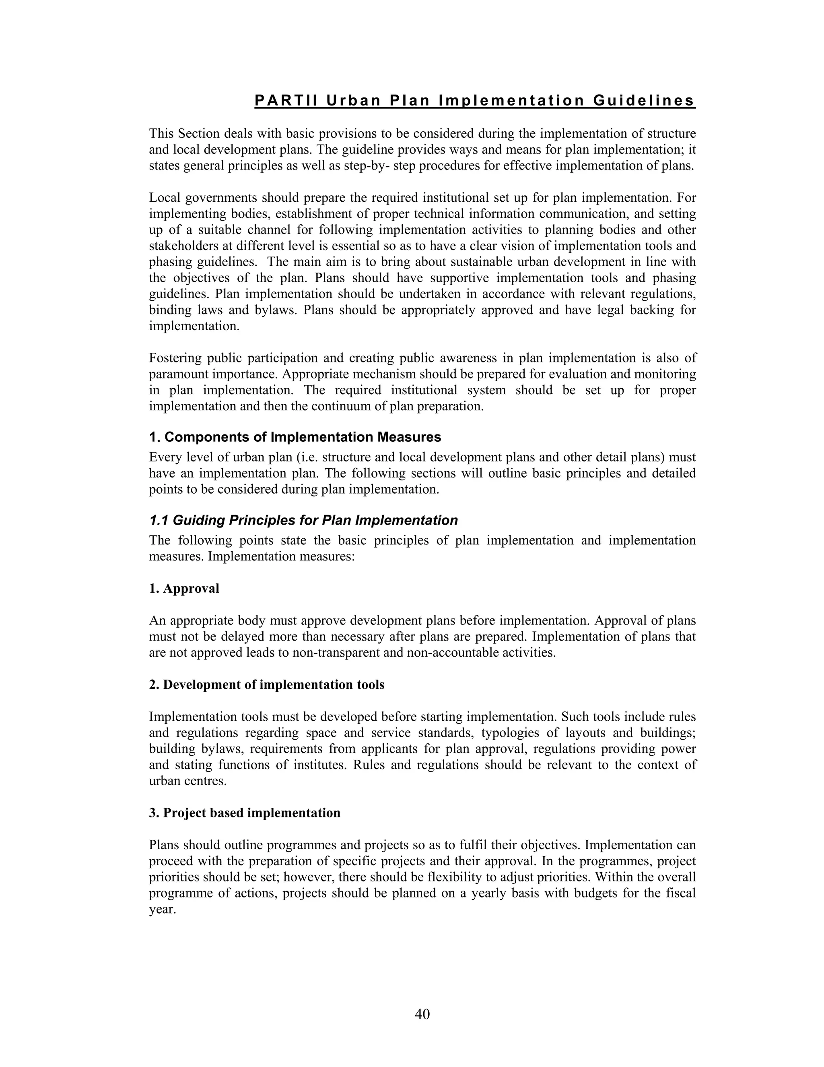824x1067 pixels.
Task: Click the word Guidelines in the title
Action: click(644, 101)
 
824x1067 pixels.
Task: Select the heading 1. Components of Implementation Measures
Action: click(295, 437)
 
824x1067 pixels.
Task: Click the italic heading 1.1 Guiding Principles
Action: click(303, 520)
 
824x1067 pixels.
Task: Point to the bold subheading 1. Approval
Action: click(184, 589)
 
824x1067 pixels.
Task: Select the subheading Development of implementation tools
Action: click(273, 685)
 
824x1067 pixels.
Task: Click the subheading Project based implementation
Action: click(251, 813)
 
